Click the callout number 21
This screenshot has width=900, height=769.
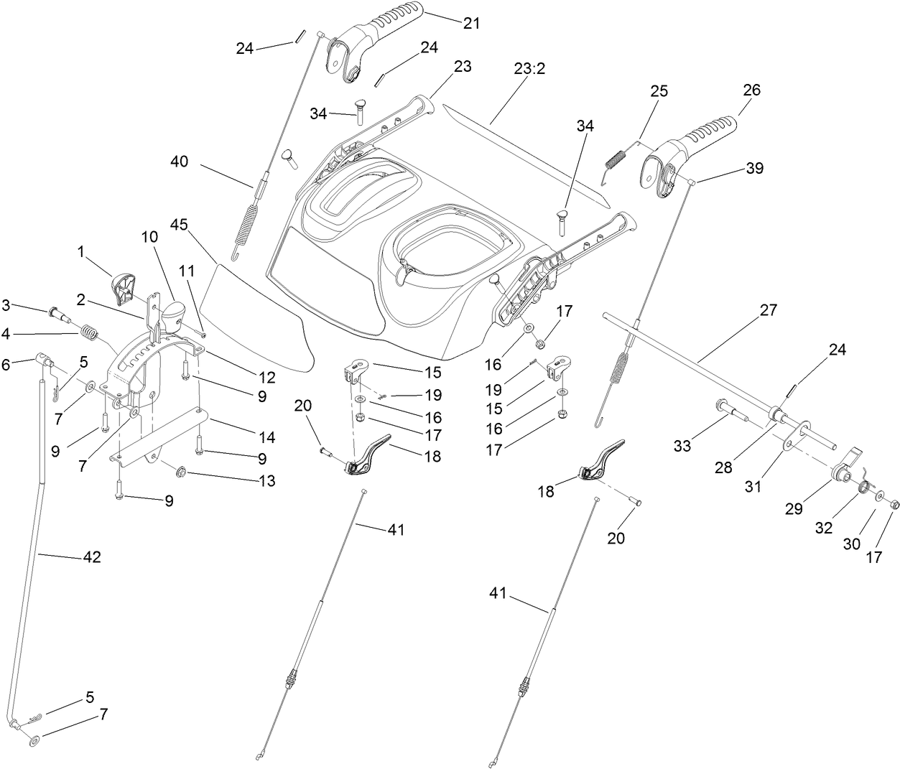471,23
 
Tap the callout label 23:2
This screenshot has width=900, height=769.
529,70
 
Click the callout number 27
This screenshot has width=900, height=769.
768,310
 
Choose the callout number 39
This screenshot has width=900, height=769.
754,169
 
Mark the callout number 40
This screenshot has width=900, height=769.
179,162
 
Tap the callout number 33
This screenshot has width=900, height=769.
682,446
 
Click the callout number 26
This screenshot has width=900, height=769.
751,90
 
